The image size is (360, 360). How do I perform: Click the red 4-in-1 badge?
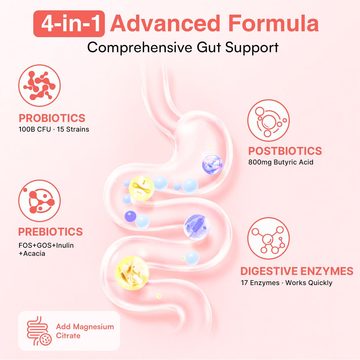[x=69, y=24]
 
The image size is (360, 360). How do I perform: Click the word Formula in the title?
[x=274, y=23]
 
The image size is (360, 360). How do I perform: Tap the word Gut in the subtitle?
[x=209, y=48]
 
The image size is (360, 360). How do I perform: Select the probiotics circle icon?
[x=40, y=85]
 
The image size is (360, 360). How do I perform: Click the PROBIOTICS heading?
[x=52, y=118]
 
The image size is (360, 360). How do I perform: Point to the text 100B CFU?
[x=35, y=129]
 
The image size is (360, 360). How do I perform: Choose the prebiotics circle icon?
[x=40, y=201]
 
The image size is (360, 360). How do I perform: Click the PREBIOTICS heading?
[x=50, y=231]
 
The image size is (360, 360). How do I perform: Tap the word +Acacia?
[x=32, y=254]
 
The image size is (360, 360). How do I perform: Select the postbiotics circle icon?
[x=269, y=120]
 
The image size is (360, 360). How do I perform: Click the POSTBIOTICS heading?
[x=285, y=151]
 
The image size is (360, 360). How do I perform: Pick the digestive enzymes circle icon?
[x=269, y=238]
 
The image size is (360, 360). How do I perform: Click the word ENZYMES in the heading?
[x=327, y=271]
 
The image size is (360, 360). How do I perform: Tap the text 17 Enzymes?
[x=260, y=283]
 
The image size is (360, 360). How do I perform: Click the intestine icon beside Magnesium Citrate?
[x=39, y=331]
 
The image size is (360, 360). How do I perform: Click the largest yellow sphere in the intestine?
[x=132, y=273]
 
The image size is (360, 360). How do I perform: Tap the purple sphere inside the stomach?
[x=212, y=165]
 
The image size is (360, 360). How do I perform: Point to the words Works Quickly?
[x=309, y=283]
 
